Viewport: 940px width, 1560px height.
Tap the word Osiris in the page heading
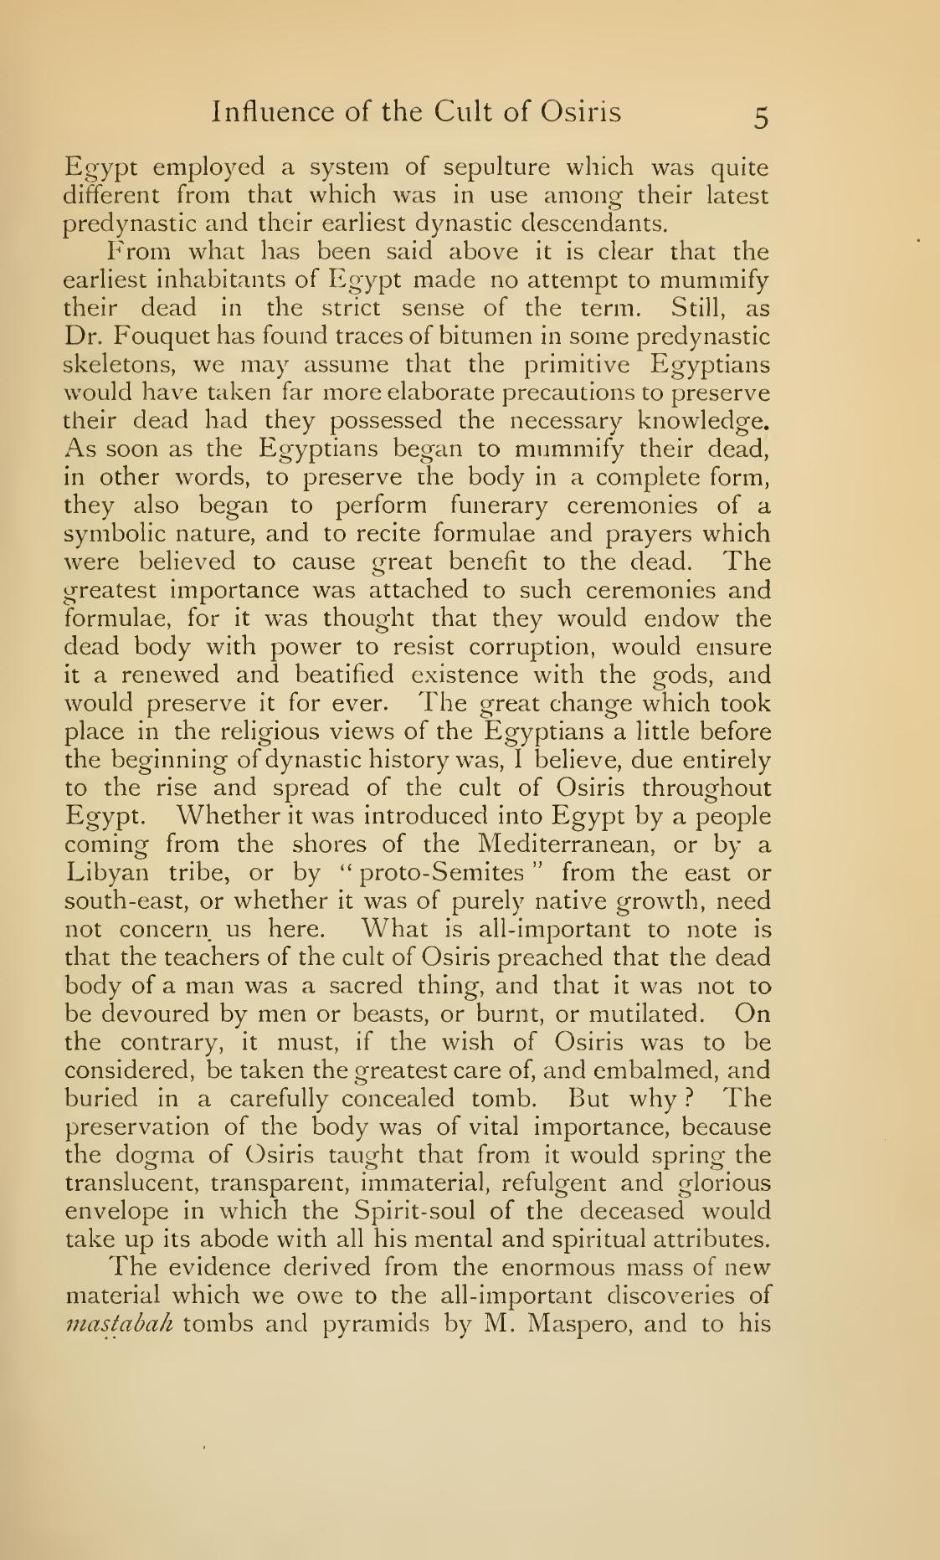579,112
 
